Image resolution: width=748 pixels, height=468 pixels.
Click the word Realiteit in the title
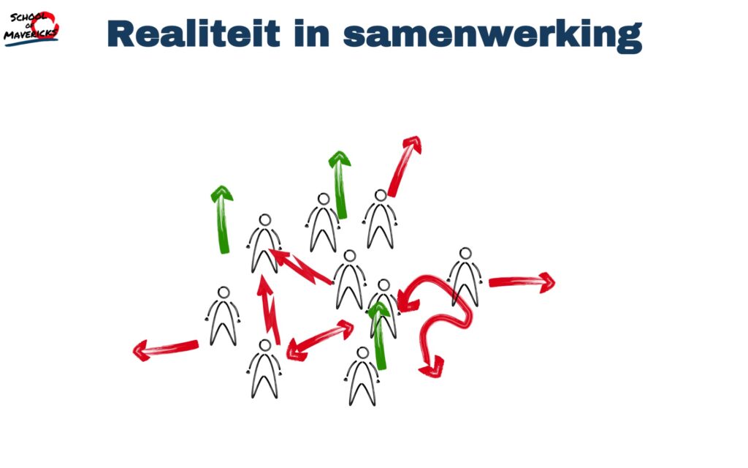tap(193, 34)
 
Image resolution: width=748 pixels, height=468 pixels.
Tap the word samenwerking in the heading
tap(492, 36)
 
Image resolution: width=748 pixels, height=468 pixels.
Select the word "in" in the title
tap(311, 34)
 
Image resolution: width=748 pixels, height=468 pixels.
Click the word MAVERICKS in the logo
tap(31, 33)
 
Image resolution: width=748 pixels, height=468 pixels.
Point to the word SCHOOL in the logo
tap(28, 18)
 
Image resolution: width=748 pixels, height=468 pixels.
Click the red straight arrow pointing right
tap(522, 282)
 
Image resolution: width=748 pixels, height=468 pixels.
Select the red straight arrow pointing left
tap(166, 349)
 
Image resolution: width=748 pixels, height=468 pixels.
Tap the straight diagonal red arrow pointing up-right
tap(404, 166)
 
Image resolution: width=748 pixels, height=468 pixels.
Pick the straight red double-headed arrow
tap(320, 341)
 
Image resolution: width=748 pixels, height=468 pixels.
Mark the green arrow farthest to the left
tap(222, 219)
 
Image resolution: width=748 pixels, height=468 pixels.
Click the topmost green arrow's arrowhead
tap(339, 159)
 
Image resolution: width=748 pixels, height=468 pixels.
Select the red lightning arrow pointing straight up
tap(268, 309)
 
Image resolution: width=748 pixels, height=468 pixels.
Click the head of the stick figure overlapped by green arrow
tap(383, 286)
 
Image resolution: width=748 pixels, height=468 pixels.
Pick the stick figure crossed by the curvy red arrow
tap(465, 277)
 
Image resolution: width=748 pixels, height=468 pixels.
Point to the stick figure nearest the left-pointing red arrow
tap(224, 316)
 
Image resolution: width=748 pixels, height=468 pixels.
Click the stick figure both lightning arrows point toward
tap(264, 244)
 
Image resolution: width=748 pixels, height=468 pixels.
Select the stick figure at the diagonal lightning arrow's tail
tap(350, 280)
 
